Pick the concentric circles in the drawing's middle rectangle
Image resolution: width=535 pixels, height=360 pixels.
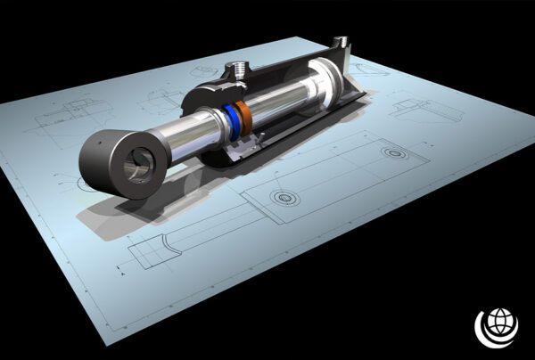(284, 197)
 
